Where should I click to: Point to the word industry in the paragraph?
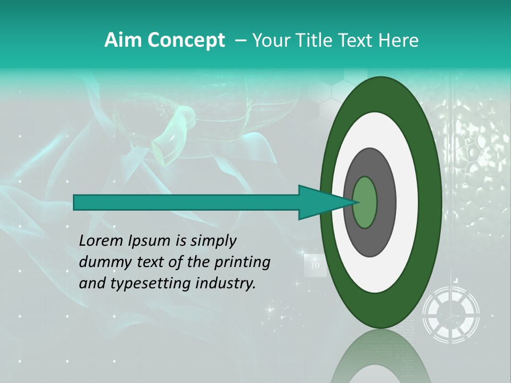pos(226,284)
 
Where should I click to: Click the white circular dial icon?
pos(451,314)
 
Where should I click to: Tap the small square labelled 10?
pos(315,265)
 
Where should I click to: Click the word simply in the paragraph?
pos(213,241)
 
